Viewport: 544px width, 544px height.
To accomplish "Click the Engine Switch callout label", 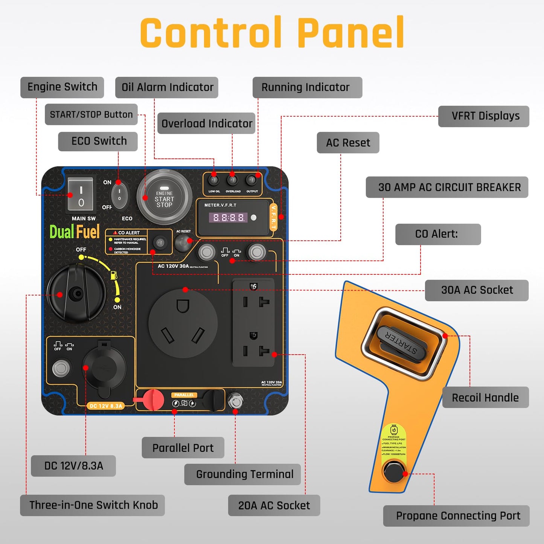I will point(62,87).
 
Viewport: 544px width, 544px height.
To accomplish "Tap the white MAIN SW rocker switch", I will point(80,195).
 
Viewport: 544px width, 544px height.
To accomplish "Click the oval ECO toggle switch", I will point(119,196).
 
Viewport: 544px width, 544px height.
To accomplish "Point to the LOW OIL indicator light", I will point(214,180).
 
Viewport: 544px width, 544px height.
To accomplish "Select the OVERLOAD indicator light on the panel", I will point(232,180).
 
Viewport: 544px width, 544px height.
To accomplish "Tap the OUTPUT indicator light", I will point(251,180).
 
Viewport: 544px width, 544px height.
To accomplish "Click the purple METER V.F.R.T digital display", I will point(229,218).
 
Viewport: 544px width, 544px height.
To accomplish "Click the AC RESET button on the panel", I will point(183,243).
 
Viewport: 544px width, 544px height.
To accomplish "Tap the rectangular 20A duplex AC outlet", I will point(253,322).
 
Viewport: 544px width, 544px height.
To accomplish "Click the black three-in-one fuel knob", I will point(77,293).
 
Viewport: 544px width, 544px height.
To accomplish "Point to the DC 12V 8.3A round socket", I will point(104,367).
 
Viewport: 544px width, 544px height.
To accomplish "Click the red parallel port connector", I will point(152,400).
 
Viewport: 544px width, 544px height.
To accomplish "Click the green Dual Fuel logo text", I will point(75,232).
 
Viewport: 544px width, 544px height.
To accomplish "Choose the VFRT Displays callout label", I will point(484,116).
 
